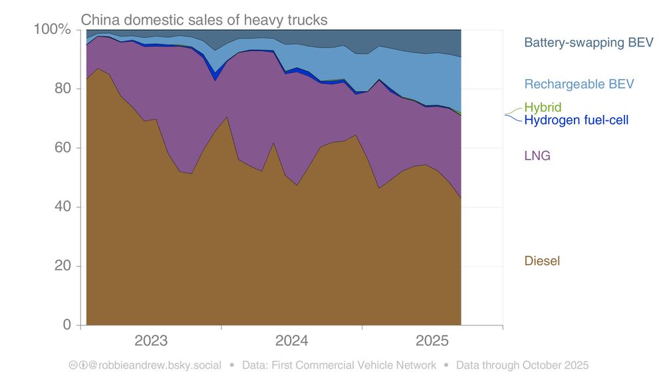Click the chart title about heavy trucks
tap(204, 20)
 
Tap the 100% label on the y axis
tap(52, 29)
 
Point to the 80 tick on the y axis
tap(62, 88)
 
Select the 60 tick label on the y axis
tap(62, 147)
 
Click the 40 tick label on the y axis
tap(62, 207)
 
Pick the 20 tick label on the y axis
tap(62, 266)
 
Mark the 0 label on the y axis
tap(66, 326)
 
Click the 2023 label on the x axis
tap(151, 341)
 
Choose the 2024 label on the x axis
tap(291, 341)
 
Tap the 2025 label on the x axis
tap(432, 341)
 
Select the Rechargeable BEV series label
tap(579, 84)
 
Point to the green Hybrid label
tap(543, 107)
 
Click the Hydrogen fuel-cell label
tap(576, 120)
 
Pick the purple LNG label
tap(537, 156)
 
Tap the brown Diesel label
tap(542, 261)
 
